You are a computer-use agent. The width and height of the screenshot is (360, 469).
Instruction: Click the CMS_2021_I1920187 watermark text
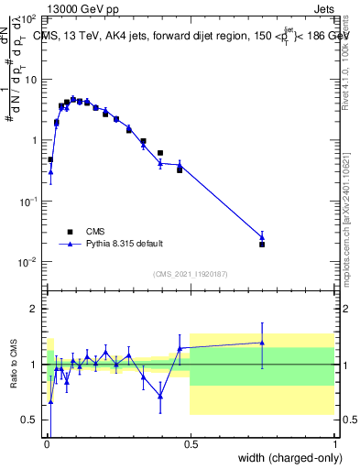click(190, 274)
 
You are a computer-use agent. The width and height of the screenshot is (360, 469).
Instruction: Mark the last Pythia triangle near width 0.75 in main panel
click(262, 237)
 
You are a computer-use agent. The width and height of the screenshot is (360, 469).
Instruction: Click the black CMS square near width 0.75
click(262, 245)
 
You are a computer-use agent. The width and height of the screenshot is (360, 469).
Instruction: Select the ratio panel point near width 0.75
click(262, 343)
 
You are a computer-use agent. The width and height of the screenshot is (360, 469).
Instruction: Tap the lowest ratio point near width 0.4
click(160, 396)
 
